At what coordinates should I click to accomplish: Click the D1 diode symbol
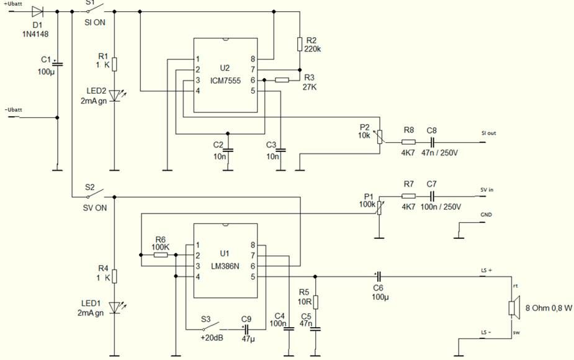tap(37, 11)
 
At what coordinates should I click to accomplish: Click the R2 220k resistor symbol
tap(300, 43)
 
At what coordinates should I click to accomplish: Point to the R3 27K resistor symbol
tap(282, 79)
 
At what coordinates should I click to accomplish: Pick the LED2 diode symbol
tap(114, 95)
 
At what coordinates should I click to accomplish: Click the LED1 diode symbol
tap(114, 307)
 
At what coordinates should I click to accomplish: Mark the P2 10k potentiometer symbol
tap(380, 136)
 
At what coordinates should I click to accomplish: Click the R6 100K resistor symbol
tap(160, 254)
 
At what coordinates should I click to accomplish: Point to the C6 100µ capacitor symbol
tap(379, 277)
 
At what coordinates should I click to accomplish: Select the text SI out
tap(488, 133)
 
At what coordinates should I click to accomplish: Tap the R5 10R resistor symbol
tap(316, 302)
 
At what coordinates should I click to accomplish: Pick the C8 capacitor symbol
tap(433, 142)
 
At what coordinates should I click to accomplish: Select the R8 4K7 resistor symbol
tap(408, 142)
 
